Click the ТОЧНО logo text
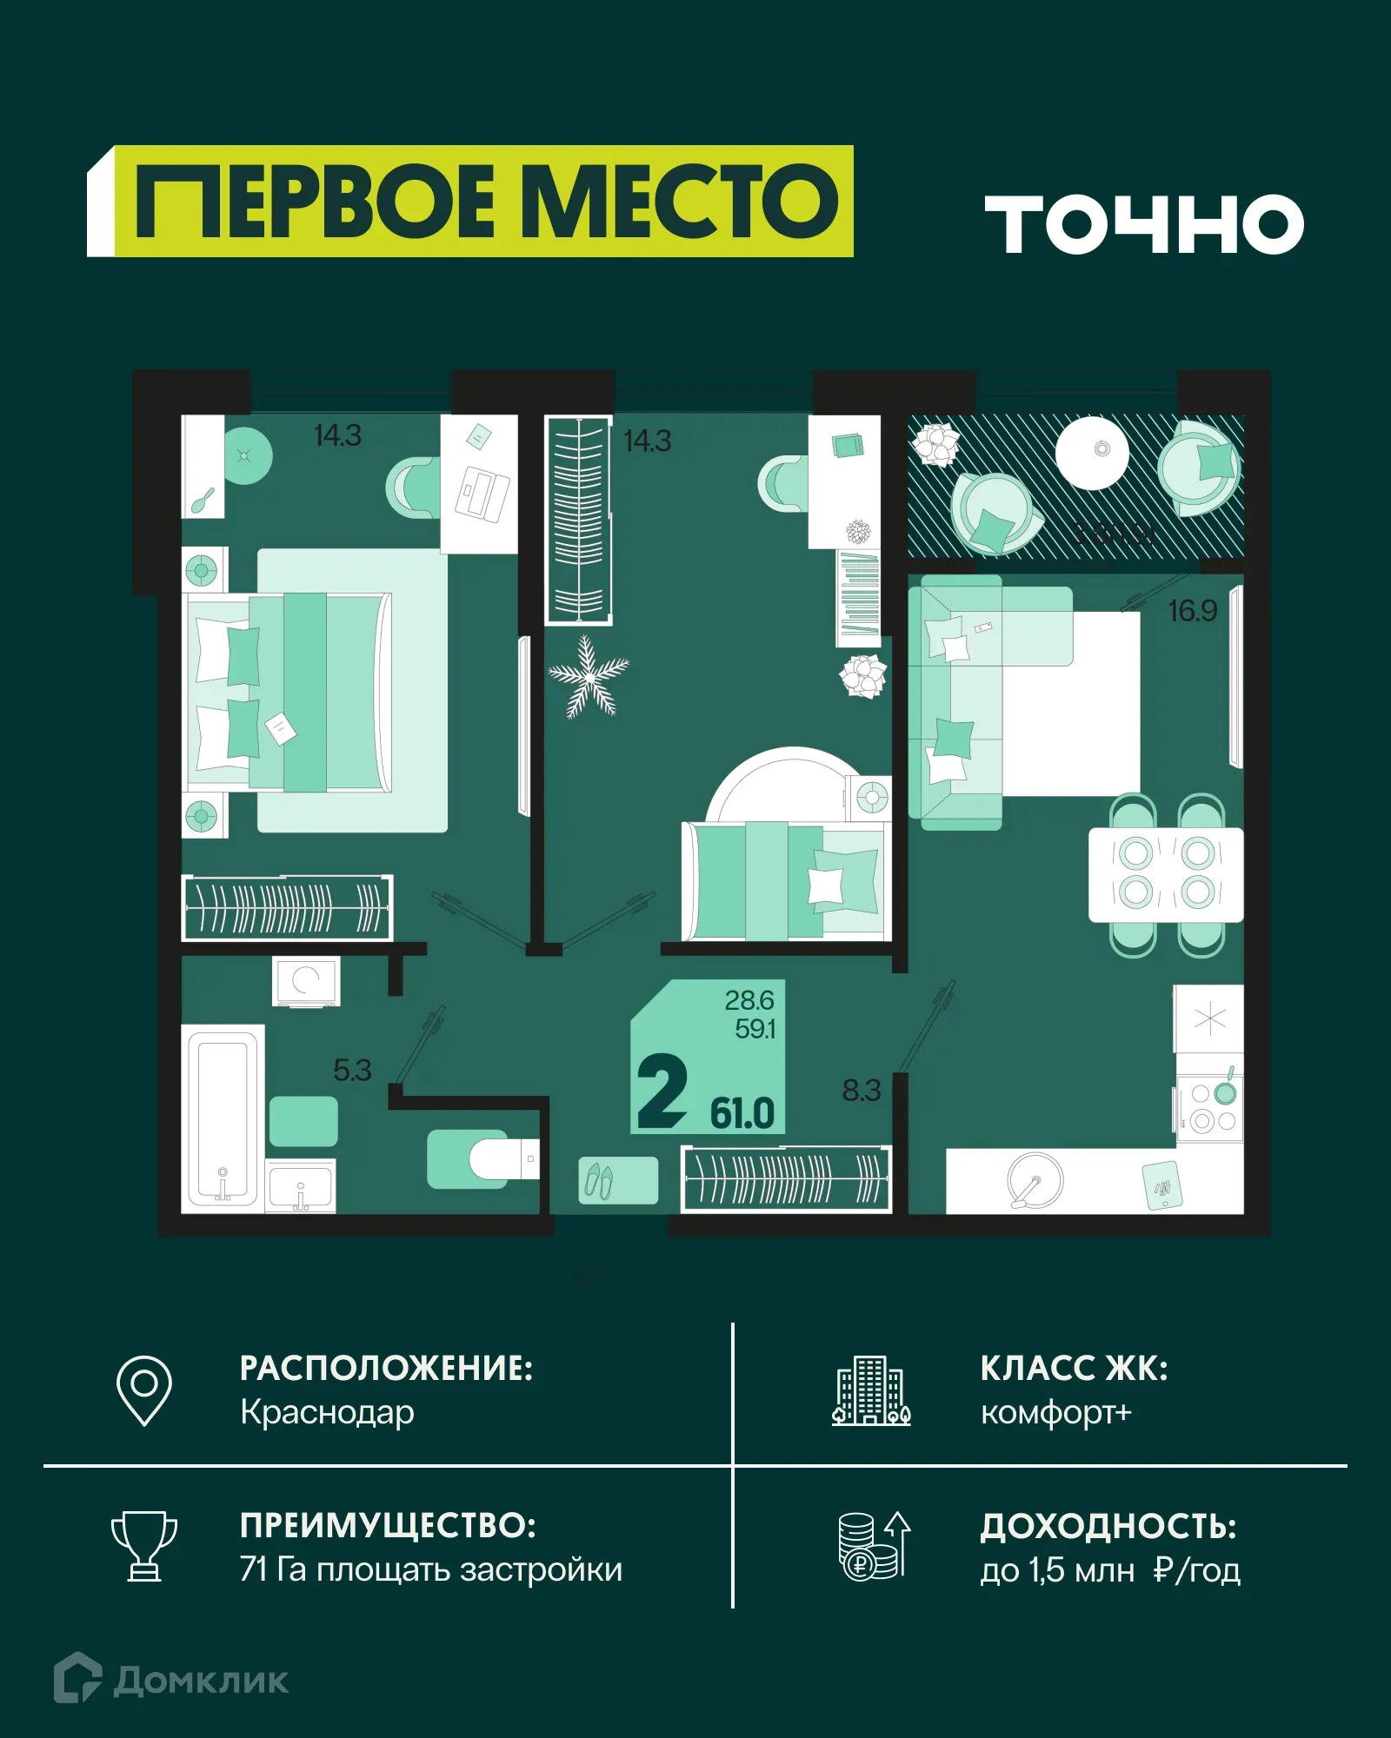[x=1144, y=224]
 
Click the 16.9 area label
[x=1192, y=611]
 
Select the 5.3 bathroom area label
[x=352, y=1070]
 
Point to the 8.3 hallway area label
[x=861, y=1090]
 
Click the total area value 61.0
[x=742, y=1113]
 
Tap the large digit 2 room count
[x=662, y=1091]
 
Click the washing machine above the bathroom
[x=306, y=981]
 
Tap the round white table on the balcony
[x=1093, y=453]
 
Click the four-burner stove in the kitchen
[x=1211, y=1108]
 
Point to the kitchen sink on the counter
[x=1035, y=1180]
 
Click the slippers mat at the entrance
[x=618, y=1180]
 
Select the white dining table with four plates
[x=1166, y=874]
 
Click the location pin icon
[x=144, y=1390]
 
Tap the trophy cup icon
[x=144, y=1546]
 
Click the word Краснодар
[x=327, y=1413]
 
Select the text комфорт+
[x=1055, y=1413]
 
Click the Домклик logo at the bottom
[x=171, y=1680]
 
